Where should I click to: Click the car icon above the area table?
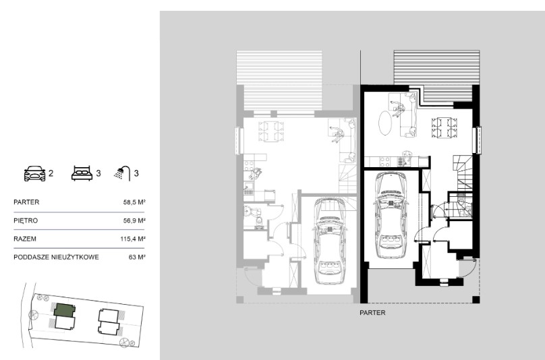click(x=34, y=173)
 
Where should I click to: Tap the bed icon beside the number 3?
click(x=82, y=173)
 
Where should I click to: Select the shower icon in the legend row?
click(x=122, y=173)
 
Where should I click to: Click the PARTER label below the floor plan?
click(x=372, y=313)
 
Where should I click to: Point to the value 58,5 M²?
click(x=134, y=202)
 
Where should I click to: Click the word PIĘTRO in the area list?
click(x=26, y=220)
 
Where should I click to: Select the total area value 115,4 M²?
click(x=132, y=239)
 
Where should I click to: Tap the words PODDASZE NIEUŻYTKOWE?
click(x=56, y=258)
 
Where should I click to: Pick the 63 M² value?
click(x=137, y=258)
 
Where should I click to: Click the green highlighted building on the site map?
click(x=65, y=310)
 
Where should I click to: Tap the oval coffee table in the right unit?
click(x=385, y=123)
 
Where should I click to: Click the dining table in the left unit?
click(x=271, y=131)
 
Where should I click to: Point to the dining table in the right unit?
click(x=444, y=128)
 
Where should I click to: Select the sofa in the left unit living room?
click(x=347, y=140)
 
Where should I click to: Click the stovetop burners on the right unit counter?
click(x=384, y=162)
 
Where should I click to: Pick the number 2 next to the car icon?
click(x=51, y=173)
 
